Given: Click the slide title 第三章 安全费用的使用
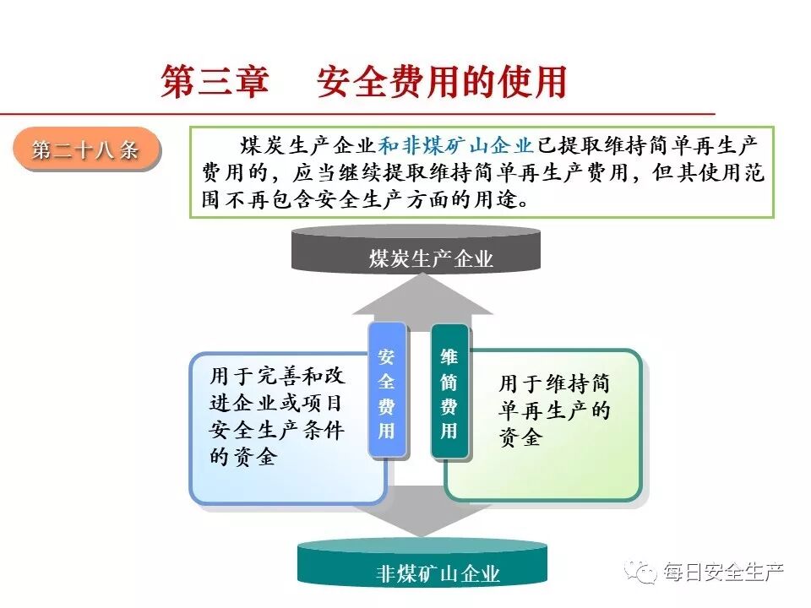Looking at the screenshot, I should coord(363,82).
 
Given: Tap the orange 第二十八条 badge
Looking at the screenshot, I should coord(85,150).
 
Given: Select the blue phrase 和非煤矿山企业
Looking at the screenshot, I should coord(456,145).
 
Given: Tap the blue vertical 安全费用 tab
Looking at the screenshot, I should coord(386,393).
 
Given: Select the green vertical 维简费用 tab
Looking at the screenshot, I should coord(449,393).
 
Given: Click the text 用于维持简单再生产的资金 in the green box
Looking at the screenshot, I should coord(554,410).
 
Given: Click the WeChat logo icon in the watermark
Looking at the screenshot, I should coord(643,572).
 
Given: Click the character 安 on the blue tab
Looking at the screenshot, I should coord(386,356).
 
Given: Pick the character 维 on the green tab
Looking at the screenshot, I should coord(449,356).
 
